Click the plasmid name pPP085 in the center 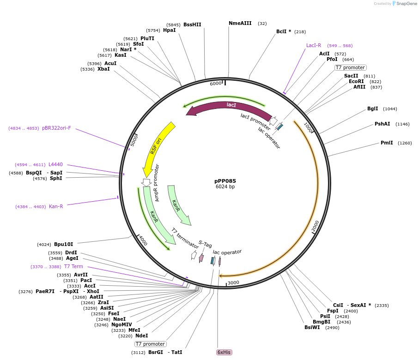pos(225,181)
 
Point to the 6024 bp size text pos(225,187)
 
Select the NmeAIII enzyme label pos(240,23)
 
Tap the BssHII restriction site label pos(192,24)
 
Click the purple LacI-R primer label pos(314,45)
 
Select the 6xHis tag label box pos(224,352)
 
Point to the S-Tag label pos(205,244)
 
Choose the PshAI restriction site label pos(382,124)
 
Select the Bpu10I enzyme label pos(63,244)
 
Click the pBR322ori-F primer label pos(56,128)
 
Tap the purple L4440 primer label pos(55,164)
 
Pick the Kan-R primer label pos(56,206)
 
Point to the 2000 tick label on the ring pos(315,226)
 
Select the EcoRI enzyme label pos(356,81)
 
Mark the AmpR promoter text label pos(157,183)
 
